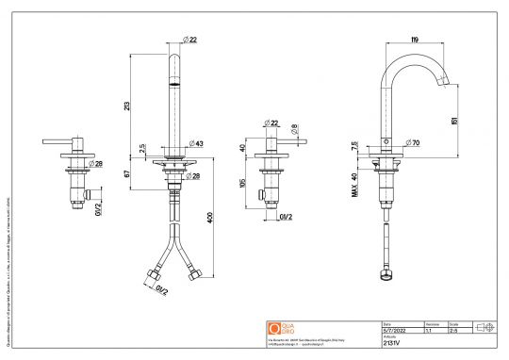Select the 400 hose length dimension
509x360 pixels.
pos(209,220)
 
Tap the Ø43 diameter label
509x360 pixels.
pos(200,143)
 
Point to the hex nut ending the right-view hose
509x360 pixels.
pos(385,278)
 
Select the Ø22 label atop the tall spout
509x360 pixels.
pos(189,41)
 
